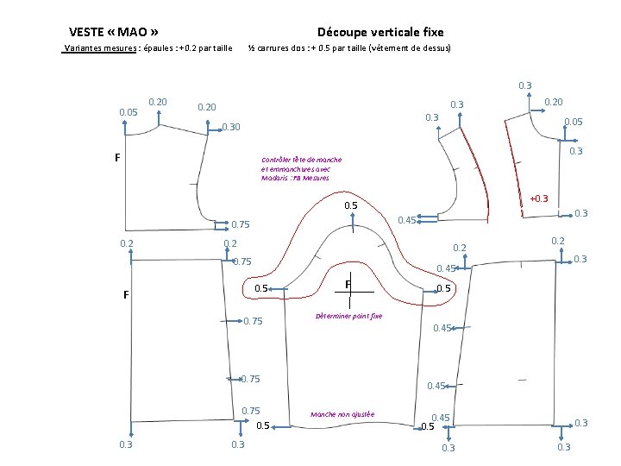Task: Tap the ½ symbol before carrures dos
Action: (252, 47)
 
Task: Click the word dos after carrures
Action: (305, 47)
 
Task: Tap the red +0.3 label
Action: (538, 199)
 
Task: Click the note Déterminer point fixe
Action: (348, 316)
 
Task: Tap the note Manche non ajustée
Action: (342, 414)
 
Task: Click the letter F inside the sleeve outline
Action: (347, 284)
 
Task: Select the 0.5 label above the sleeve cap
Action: (351, 205)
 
